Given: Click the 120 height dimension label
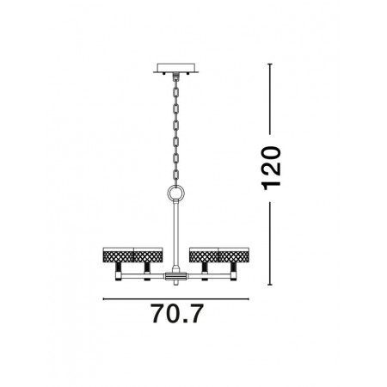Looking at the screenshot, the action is (271, 169).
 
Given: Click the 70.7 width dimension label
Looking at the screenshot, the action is (177, 314).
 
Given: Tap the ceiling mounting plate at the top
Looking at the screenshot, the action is (175, 68).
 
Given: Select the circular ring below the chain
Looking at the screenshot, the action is (176, 193).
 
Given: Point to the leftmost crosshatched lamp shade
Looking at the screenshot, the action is (118, 255).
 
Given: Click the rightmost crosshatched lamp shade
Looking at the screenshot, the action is (234, 255).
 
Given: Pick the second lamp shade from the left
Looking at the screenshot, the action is (148, 255).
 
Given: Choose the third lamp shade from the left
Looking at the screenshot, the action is (204, 255).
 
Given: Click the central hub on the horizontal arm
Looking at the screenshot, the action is (175, 277).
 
